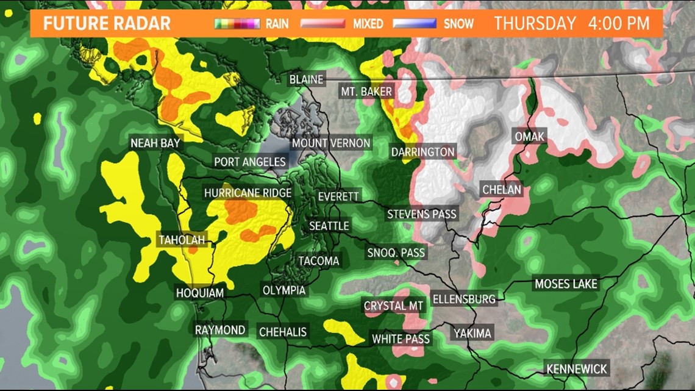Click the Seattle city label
coord(329,226)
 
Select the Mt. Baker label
coord(366,91)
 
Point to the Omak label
coord(529,136)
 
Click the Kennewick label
coord(577,368)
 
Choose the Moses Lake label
coord(566,284)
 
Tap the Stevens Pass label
coord(422,214)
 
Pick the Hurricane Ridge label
coord(248,193)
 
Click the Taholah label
coord(182,239)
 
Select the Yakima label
coord(472,333)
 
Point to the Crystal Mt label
coord(393,306)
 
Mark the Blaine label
coord(307,79)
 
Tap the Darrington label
coord(423,151)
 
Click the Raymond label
coord(220,330)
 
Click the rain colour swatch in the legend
coord(237,24)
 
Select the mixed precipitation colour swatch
coord(325,24)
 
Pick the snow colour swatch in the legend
coord(415,24)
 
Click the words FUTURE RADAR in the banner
coord(107,24)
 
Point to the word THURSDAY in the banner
coord(535,24)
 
